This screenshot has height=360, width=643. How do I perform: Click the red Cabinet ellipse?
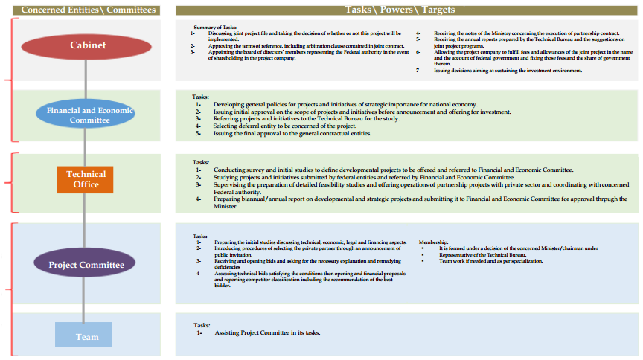click(87, 46)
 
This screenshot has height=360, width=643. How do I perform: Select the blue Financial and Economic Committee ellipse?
click(86, 115)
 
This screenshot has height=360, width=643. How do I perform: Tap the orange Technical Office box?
click(86, 179)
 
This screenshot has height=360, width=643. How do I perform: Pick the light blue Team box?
click(83, 336)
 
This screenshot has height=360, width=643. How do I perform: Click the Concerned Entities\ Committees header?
click(89, 10)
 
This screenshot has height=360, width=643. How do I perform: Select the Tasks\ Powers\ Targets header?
click(400, 10)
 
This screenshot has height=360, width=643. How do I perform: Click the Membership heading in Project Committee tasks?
click(434, 242)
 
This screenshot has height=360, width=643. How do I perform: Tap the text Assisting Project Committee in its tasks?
click(267, 332)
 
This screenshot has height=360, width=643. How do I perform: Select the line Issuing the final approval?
click(292, 134)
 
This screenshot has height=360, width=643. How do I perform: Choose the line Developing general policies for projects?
click(345, 104)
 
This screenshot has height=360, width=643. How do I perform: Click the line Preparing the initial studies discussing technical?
click(310, 242)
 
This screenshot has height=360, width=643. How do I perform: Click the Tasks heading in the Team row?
click(202, 325)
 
